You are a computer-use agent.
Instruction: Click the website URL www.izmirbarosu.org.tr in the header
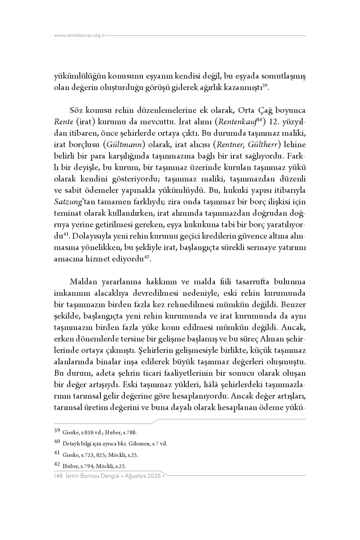coord(80,35)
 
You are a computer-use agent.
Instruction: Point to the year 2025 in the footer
coord(154,476)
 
